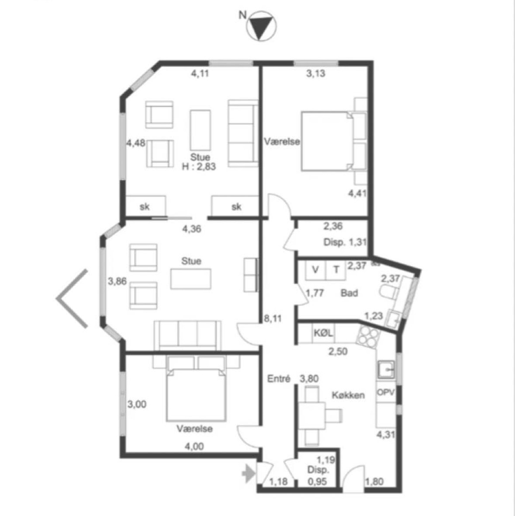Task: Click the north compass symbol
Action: (261, 26)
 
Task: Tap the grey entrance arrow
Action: (249, 474)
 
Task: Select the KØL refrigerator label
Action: (323, 333)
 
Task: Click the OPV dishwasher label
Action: (386, 392)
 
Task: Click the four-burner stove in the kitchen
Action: (368, 336)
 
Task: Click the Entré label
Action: (278, 379)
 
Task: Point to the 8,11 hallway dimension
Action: (273, 318)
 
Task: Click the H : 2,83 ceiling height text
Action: (199, 167)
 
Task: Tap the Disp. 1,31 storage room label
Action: (345, 242)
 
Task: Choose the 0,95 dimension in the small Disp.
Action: (318, 481)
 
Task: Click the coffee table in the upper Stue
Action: (200, 130)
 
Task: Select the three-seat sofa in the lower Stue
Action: (187, 336)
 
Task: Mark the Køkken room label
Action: (348, 395)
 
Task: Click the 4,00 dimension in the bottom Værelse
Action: (194, 446)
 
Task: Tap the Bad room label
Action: (349, 293)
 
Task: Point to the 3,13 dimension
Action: (315, 73)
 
